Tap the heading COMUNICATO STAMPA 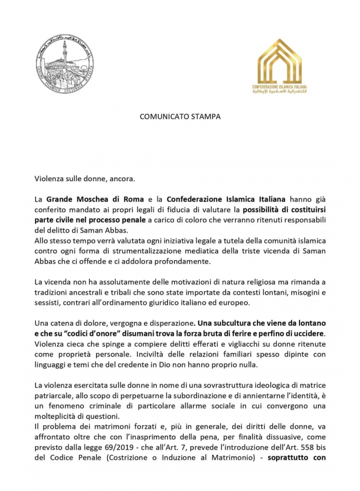pyautogui.click(x=180, y=116)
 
